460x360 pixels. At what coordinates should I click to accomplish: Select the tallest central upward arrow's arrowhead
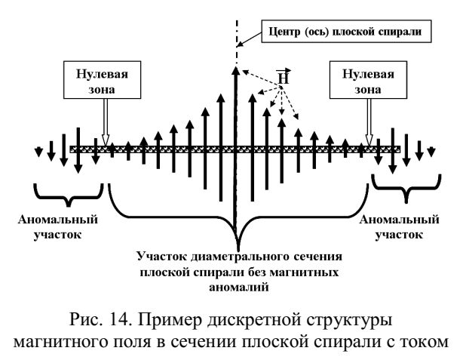(x=236, y=71)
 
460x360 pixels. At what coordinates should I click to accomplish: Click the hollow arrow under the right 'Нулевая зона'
(x=370, y=121)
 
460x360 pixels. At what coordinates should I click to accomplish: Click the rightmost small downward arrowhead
(x=431, y=154)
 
